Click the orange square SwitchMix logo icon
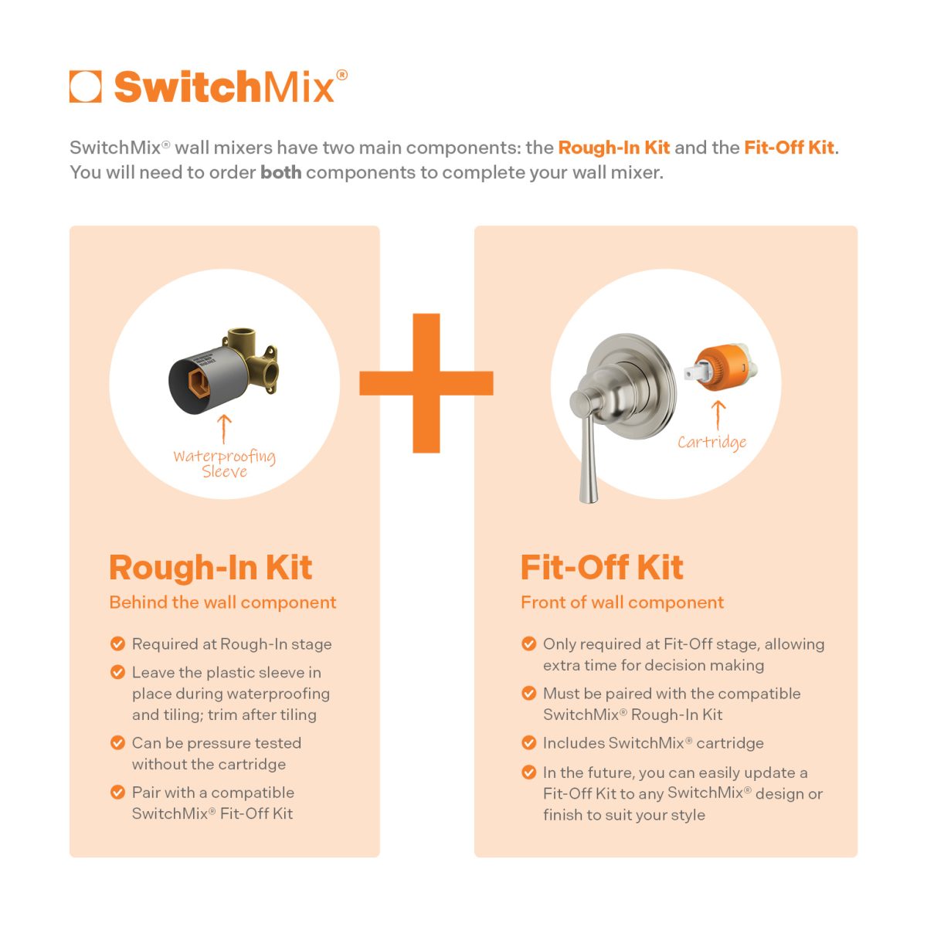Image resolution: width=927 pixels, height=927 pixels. (x=85, y=87)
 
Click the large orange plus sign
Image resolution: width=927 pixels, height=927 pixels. (x=426, y=383)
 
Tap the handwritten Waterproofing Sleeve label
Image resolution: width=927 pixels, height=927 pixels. (x=224, y=463)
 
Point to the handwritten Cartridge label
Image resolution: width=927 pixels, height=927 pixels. (x=711, y=442)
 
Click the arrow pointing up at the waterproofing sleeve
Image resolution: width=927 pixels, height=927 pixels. (x=225, y=429)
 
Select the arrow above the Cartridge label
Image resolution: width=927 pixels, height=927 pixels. (x=718, y=415)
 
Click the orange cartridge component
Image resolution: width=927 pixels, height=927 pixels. (x=718, y=369)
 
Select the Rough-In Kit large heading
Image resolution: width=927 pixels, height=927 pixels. (x=210, y=567)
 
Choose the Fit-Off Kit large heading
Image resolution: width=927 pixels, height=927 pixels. (x=602, y=567)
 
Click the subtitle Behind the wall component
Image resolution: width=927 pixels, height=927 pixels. (x=222, y=603)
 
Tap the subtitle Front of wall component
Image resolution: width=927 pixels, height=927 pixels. (x=622, y=603)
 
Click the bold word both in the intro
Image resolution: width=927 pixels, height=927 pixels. (x=280, y=172)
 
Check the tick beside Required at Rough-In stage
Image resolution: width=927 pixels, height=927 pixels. (x=117, y=643)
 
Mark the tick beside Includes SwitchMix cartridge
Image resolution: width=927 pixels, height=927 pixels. (x=529, y=742)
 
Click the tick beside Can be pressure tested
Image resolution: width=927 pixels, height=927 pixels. (x=117, y=742)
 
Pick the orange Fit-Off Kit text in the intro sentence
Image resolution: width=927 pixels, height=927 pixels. (x=789, y=148)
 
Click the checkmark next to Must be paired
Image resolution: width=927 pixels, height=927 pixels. (x=529, y=693)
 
